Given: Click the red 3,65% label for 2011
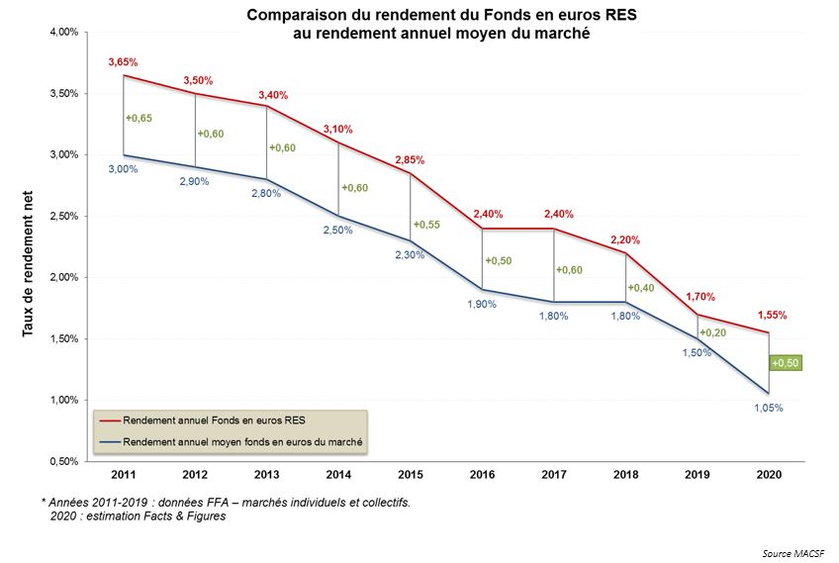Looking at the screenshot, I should (x=124, y=62).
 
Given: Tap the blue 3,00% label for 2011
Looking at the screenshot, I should (x=124, y=169).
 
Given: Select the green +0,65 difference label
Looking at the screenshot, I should (x=140, y=119).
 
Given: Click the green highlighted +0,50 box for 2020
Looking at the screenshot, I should (x=785, y=363).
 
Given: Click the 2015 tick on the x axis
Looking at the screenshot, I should (x=411, y=475).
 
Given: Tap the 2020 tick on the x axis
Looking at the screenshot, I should (x=768, y=475).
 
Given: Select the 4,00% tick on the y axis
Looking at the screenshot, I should (x=62, y=33).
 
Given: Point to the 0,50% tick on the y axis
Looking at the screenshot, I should (x=62, y=461).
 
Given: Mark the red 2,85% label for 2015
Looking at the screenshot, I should (x=410, y=160).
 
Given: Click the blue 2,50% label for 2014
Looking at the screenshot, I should (x=338, y=231).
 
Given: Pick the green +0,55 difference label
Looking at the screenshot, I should (x=427, y=225).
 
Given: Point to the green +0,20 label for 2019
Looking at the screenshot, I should (x=713, y=332).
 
